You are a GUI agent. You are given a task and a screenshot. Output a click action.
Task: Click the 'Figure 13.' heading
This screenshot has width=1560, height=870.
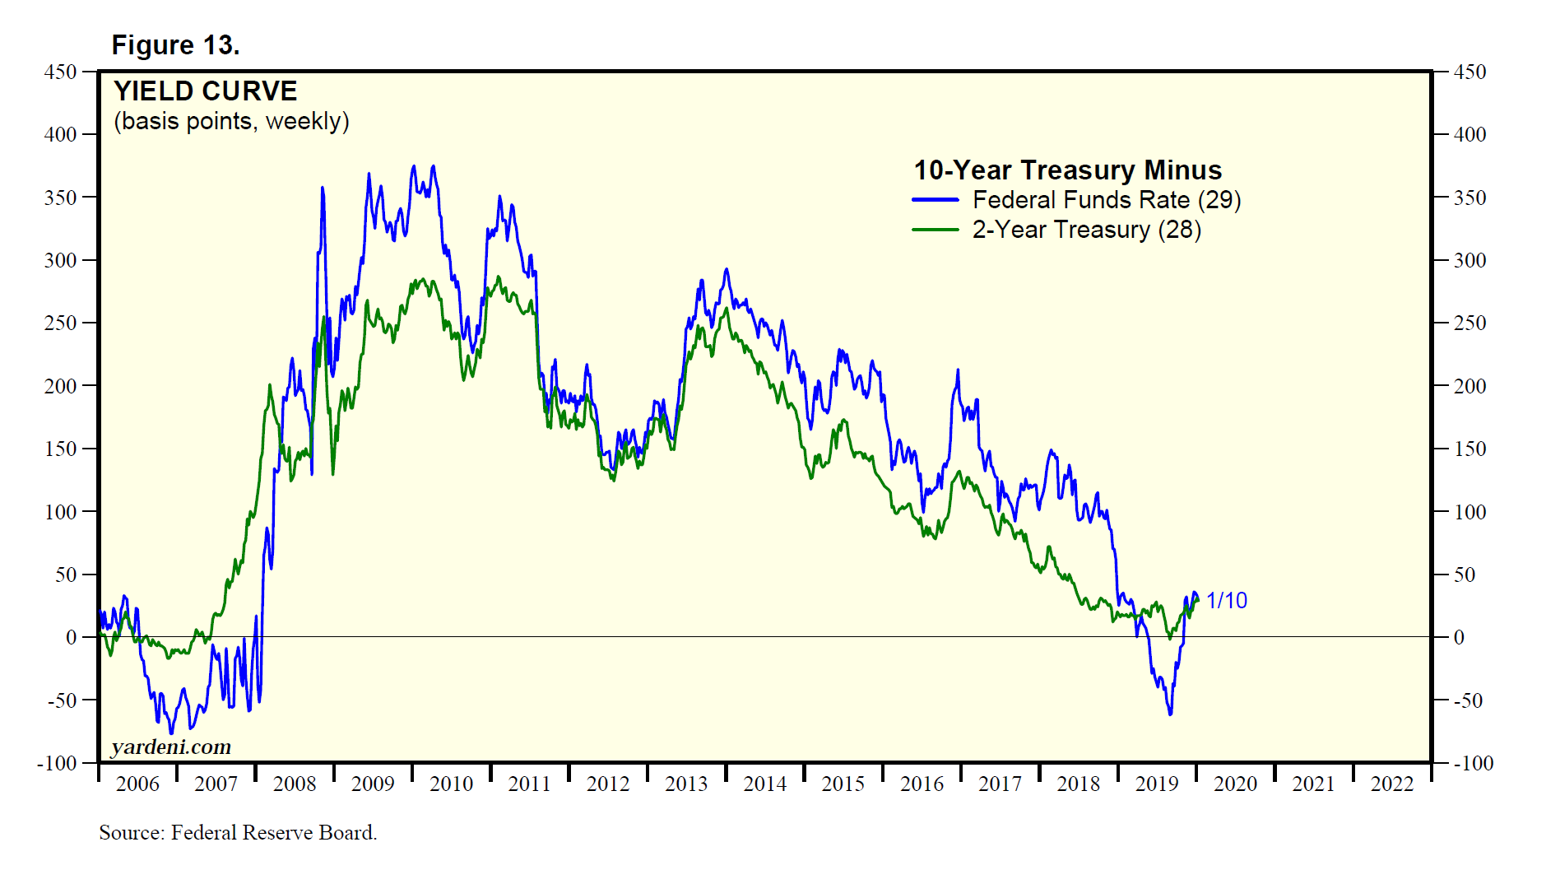175,45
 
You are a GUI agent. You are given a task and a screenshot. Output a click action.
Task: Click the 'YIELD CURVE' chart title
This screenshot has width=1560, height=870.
205,91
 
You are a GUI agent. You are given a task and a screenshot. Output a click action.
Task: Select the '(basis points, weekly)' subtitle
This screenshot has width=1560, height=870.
231,121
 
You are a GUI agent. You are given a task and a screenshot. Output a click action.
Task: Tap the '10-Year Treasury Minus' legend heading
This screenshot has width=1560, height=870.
1067,170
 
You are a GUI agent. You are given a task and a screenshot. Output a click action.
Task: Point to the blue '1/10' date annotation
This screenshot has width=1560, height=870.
1226,601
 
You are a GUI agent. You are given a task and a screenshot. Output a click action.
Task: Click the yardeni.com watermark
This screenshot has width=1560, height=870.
171,747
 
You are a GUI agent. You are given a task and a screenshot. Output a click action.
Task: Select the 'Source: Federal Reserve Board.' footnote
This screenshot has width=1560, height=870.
238,832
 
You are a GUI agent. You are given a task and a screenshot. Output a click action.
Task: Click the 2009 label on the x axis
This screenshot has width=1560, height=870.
373,784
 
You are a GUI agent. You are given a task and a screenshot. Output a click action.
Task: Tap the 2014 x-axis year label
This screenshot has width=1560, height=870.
765,784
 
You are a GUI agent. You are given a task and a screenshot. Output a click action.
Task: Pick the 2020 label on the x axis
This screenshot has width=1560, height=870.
1235,784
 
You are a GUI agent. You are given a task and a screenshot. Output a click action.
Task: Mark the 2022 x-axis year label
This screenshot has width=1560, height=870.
1392,784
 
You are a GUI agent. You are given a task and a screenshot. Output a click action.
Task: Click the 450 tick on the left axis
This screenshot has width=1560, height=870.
60,72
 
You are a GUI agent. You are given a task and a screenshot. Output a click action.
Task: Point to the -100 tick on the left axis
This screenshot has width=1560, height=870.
57,763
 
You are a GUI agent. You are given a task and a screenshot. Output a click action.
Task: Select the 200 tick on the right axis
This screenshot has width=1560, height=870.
1469,386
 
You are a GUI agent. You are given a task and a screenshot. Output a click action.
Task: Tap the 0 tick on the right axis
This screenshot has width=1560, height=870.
1459,637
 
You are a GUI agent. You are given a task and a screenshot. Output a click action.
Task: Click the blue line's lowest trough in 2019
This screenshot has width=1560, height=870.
1170,714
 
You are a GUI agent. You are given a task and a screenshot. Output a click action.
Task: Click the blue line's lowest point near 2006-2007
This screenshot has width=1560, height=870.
171,733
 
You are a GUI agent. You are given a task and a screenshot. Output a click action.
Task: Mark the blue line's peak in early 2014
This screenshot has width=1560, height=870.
726,269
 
